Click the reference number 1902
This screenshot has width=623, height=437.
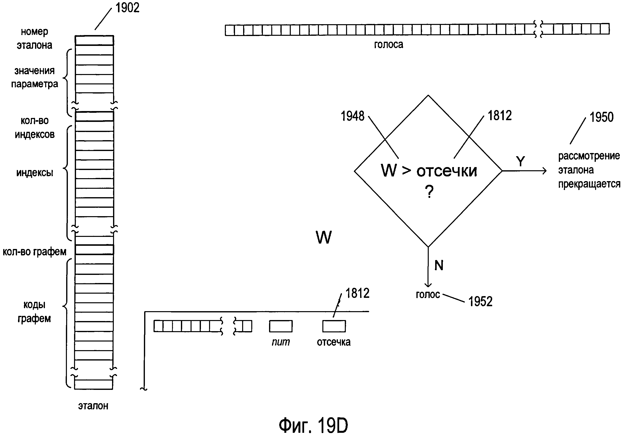pyautogui.click(x=127, y=8)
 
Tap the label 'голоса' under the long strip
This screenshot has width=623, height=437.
pyautogui.click(x=388, y=44)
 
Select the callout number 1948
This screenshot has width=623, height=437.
pyautogui.click(x=352, y=116)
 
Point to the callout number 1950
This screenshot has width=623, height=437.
pyautogui.click(x=602, y=117)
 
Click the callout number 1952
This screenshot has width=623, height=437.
pyautogui.click(x=480, y=301)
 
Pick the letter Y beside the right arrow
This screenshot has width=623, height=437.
pyautogui.click(x=520, y=161)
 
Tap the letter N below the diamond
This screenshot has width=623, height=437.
pyautogui.click(x=439, y=265)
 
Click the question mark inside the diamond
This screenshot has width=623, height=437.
pyautogui.click(x=429, y=192)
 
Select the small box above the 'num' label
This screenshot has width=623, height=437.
pyautogui.click(x=281, y=326)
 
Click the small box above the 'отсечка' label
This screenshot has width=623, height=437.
pyautogui.click(x=334, y=326)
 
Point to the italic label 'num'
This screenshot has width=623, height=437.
pyautogui.click(x=281, y=342)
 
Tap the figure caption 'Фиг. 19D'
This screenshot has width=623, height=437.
pyautogui.click(x=313, y=425)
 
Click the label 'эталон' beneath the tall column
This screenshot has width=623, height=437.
pyautogui.click(x=93, y=406)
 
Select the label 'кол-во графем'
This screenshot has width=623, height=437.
pyautogui.click(x=35, y=252)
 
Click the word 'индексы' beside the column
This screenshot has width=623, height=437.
pyautogui.click(x=35, y=173)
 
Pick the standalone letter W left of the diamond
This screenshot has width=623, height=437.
pyautogui.click(x=323, y=237)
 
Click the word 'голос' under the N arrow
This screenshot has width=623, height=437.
pyautogui.click(x=428, y=295)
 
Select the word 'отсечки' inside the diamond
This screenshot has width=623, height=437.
pyautogui.click(x=447, y=171)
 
